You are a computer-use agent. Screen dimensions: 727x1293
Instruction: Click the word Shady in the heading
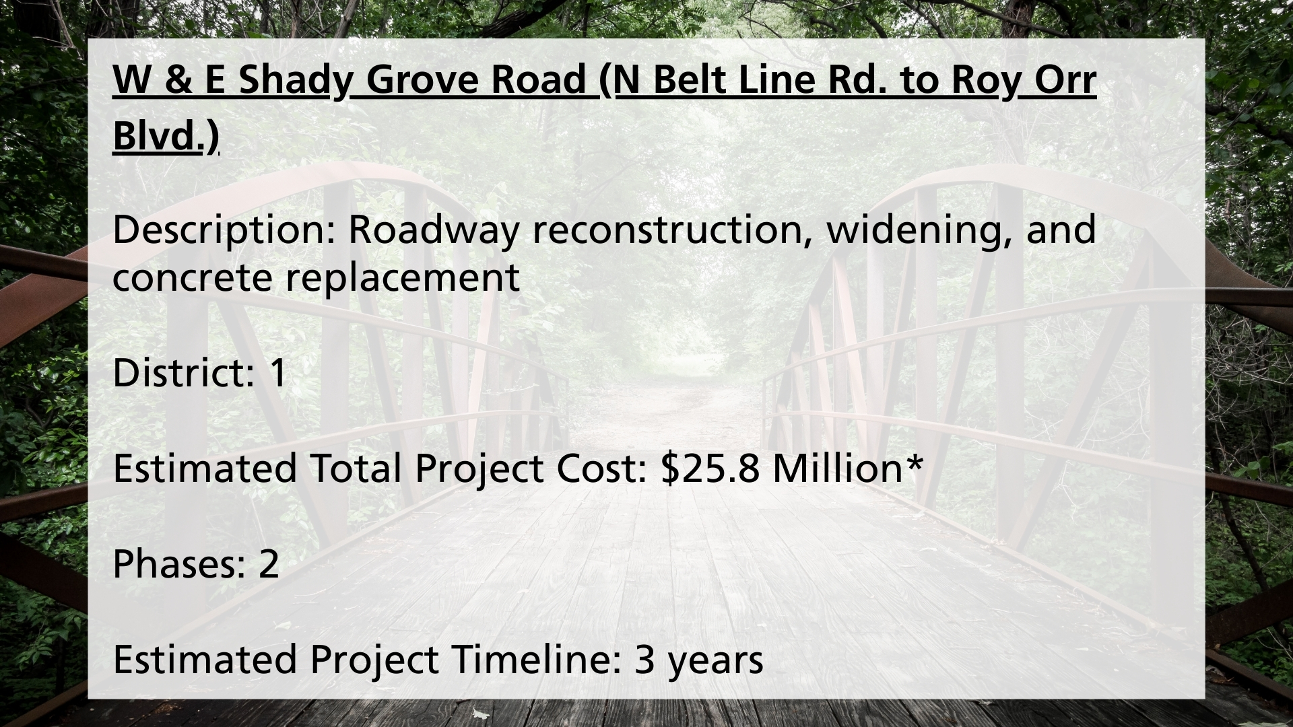click(x=294, y=81)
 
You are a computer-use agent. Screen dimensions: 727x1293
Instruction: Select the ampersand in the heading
click(x=176, y=81)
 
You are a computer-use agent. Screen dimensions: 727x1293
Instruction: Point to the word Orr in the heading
click(x=1065, y=81)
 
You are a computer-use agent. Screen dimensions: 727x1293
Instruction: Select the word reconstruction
click(x=672, y=230)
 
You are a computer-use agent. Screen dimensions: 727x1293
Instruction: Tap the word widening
click(x=919, y=230)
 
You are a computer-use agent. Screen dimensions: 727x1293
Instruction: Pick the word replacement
click(x=403, y=277)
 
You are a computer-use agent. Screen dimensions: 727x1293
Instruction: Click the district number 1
click(x=277, y=373)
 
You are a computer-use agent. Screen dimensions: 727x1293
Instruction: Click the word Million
click(x=837, y=469)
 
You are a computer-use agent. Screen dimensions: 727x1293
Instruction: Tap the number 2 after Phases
click(x=269, y=564)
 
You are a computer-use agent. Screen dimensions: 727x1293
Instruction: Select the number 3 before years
click(x=644, y=660)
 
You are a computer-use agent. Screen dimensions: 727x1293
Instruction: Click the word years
click(x=716, y=661)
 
